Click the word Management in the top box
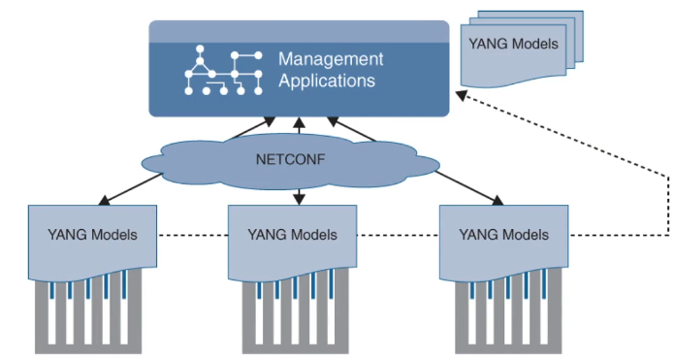point(331,59)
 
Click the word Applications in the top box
point(327,82)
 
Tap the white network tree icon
point(223,70)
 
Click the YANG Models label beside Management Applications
point(513,44)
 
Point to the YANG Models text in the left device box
point(92,234)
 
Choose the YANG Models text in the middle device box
point(292,234)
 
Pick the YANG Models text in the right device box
point(503,234)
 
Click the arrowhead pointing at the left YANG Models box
point(104,202)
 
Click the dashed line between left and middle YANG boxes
point(192,235)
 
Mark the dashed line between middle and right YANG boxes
point(398,235)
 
